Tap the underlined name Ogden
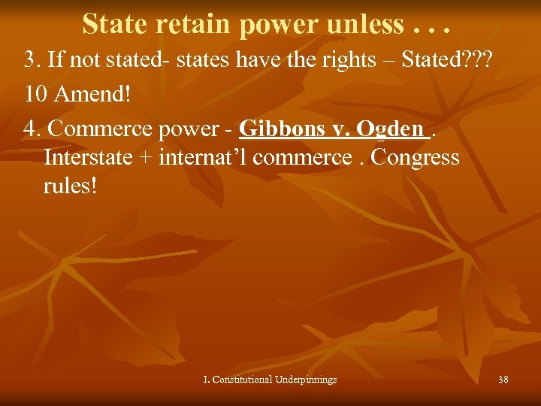click(x=390, y=130)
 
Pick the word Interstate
click(x=89, y=158)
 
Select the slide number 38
click(x=503, y=380)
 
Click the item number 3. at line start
click(x=31, y=61)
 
